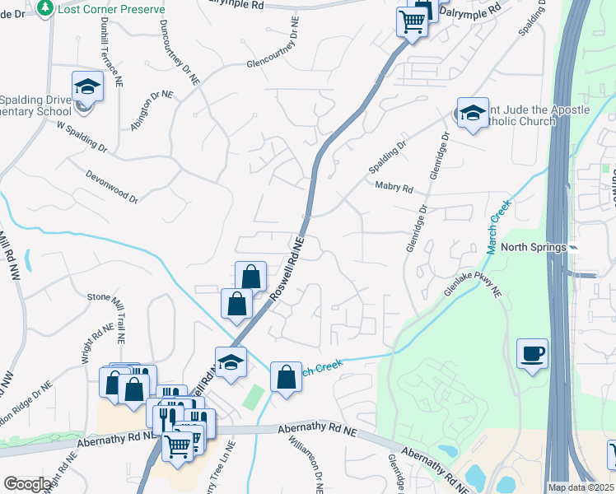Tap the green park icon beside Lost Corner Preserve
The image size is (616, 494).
(46, 7)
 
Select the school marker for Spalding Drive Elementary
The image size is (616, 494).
(86, 87)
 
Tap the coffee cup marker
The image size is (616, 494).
(532, 354)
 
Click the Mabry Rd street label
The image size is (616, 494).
(394, 188)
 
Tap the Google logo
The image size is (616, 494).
(28, 484)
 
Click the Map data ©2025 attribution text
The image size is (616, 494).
(581, 487)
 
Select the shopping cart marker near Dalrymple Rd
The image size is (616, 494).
(412, 22)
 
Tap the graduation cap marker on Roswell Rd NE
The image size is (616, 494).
(231, 361)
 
